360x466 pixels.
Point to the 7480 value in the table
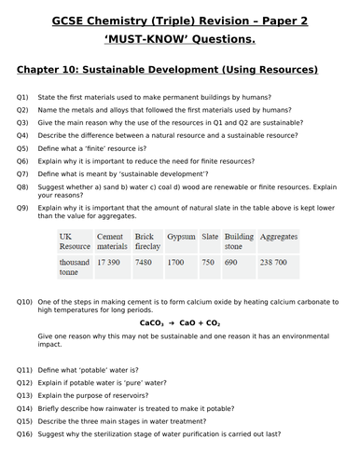(x=144, y=263)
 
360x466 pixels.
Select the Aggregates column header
(x=281, y=237)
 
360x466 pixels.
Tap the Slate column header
(x=210, y=237)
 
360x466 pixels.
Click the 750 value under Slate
(x=208, y=263)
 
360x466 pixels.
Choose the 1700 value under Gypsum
(x=176, y=263)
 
